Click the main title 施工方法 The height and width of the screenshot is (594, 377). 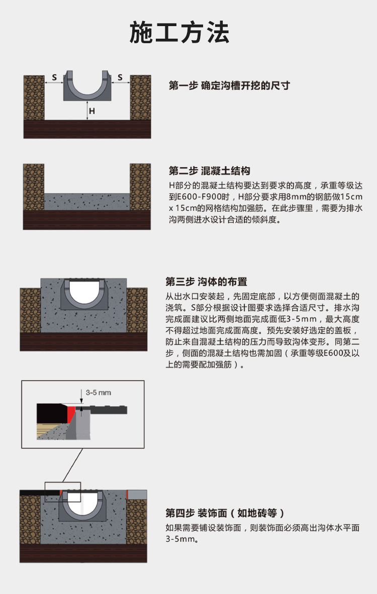click(179, 33)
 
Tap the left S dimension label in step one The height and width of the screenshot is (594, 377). click(54, 77)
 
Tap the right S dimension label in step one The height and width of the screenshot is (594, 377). click(120, 77)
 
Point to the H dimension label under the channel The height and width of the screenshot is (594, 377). click(91, 110)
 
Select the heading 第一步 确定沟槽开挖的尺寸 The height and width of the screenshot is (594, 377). click(229, 85)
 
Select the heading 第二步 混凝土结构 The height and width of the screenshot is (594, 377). click(209, 170)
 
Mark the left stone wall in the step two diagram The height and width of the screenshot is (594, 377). click(34, 186)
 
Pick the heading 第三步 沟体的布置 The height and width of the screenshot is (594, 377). click(206, 281)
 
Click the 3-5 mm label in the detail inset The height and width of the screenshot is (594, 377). click(99, 392)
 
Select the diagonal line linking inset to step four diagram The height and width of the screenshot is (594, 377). click(73, 465)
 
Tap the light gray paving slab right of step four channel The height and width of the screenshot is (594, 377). click(138, 495)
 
